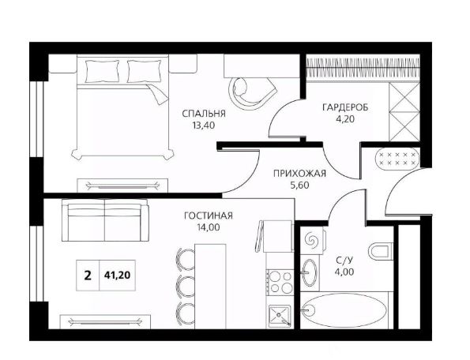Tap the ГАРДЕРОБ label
click(x=346, y=107)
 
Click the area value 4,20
click(x=346, y=121)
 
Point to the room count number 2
click(x=87, y=276)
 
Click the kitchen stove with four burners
click(x=280, y=280)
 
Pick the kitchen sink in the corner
click(x=280, y=317)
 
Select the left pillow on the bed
click(x=100, y=71)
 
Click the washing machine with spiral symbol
click(x=311, y=238)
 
